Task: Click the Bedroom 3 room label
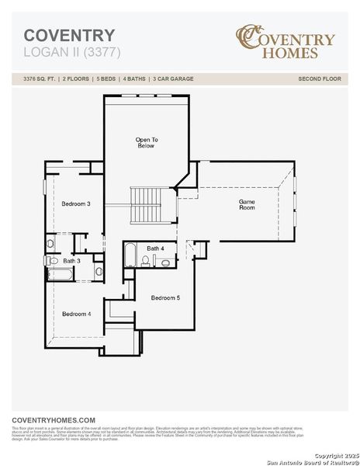77,203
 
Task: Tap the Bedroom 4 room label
77,314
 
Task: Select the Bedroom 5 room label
165,298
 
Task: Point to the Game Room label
247,204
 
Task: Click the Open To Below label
147,142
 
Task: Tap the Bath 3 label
71,261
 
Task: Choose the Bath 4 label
156,248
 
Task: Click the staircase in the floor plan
146,204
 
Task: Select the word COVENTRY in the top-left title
69,36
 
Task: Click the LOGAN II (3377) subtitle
72,52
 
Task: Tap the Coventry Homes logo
286,42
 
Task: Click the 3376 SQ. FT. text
40,79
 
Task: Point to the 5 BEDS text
105,79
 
